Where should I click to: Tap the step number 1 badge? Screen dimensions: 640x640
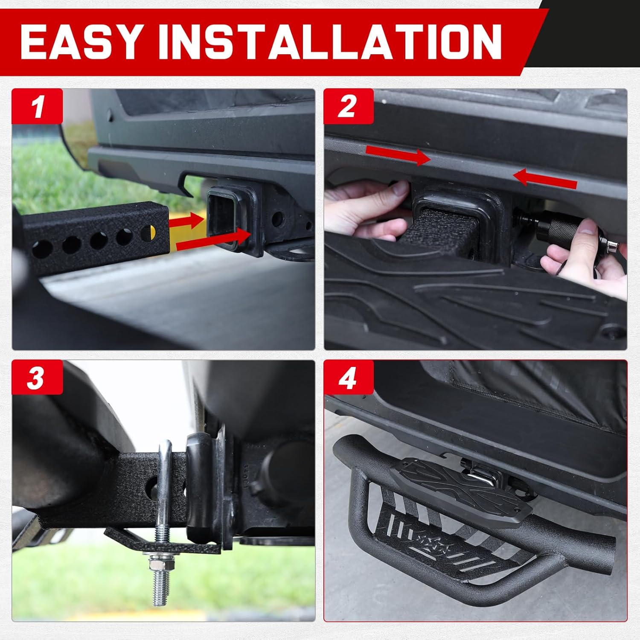tap(38, 107)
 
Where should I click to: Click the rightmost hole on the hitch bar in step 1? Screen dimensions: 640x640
tap(148, 233)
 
